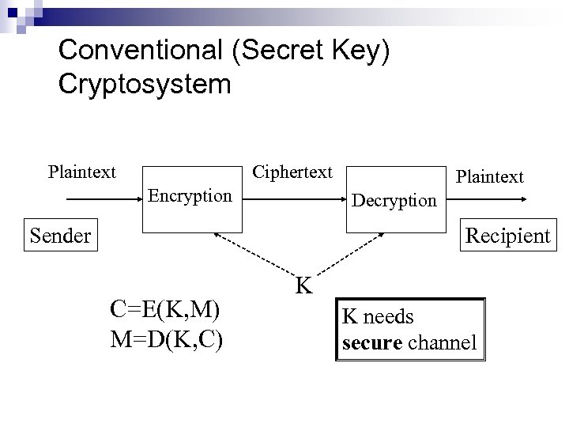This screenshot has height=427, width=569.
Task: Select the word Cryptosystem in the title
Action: [145, 84]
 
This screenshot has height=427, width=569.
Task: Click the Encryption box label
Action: [190, 195]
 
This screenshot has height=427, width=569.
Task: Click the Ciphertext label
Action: [292, 172]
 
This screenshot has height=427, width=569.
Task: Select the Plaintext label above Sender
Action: [81, 172]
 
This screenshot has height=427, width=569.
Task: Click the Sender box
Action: [61, 235]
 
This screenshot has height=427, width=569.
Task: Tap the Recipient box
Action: [507, 235]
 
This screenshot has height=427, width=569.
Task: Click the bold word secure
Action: [370, 343]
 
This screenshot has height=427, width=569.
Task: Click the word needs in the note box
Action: [387, 317]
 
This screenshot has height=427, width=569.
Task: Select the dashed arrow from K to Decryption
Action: [348, 255]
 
